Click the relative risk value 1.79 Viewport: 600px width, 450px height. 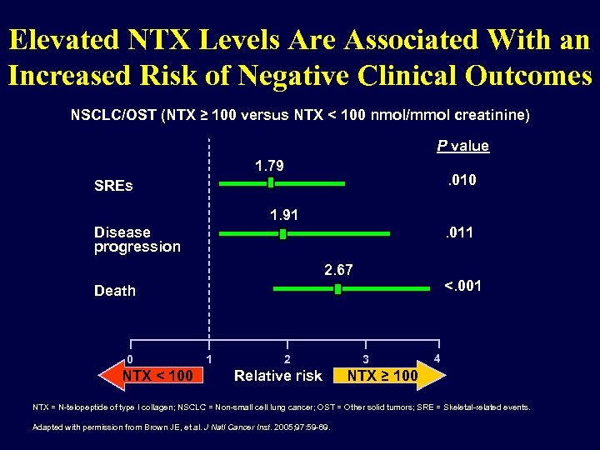pyautogui.click(x=269, y=166)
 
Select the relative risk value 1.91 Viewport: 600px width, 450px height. pyautogui.click(x=284, y=215)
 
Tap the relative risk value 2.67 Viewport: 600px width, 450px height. pyautogui.click(x=338, y=269)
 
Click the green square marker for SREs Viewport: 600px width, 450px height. pyautogui.click(x=270, y=182)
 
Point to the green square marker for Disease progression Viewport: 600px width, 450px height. pyautogui.click(x=283, y=234)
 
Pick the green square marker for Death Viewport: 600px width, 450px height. pyautogui.click(x=337, y=289)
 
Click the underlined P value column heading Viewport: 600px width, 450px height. pyautogui.click(x=462, y=146)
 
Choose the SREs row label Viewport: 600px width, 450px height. pyautogui.click(x=113, y=186)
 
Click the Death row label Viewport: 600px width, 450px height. pyautogui.click(x=115, y=291)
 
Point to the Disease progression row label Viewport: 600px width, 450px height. pyautogui.click(x=137, y=239)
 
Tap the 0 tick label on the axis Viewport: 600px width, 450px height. pyautogui.click(x=129, y=359)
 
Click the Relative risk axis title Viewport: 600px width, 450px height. pyautogui.click(x=277, y=376)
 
